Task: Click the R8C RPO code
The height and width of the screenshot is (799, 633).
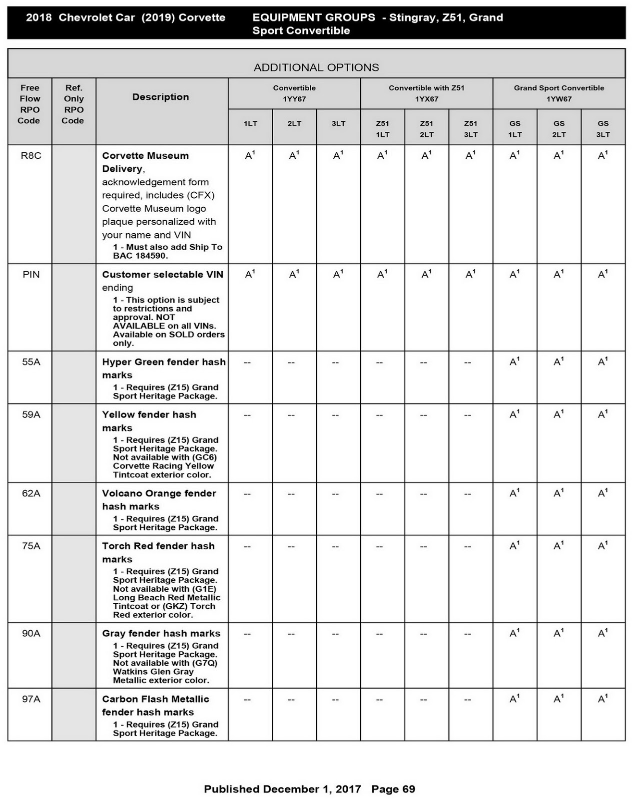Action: coord(31,156)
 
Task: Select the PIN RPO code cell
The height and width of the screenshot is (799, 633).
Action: coord(31,275)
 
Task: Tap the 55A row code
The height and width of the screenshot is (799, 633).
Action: coord(31,362)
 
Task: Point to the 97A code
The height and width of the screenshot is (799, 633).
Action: coord(31,699)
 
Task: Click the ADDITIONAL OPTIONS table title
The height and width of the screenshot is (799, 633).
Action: coord(316,67)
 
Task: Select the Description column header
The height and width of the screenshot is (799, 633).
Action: coord(160,97)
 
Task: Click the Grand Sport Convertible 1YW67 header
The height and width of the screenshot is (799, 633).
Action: coord(559,93)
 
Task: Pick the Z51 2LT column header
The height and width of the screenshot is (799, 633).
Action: coord(426,129)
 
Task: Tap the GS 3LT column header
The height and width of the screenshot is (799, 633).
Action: coord(603,129)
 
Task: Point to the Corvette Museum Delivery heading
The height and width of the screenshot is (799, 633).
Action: coord(145,162)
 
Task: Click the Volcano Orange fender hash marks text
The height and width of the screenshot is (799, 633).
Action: coord(159,499)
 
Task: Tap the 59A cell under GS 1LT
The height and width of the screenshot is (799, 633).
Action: coord(515,414)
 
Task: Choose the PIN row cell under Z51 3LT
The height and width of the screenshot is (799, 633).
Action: coord(470,274)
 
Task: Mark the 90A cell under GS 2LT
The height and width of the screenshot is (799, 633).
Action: coord(559,633)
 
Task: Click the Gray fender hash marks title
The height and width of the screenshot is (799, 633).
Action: coord(161,633)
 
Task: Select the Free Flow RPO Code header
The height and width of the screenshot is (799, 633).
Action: coord(29,104)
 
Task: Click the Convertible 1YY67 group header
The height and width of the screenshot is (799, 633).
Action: coord(294,93)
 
